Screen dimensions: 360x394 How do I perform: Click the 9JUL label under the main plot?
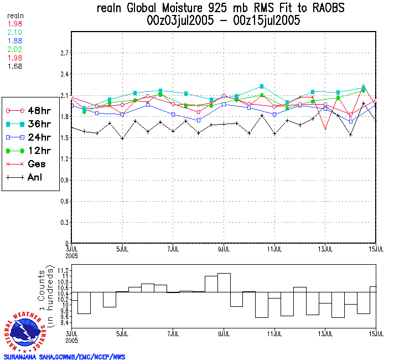coord(224,248)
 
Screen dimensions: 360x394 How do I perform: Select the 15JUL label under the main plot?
coord(376,248)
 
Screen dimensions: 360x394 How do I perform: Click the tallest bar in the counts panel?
coord(224,282)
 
